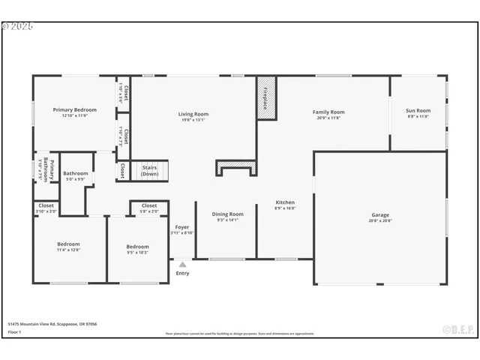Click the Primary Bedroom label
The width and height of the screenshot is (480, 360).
(x=75, y=112)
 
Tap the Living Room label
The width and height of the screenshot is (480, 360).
(x=193, y=116)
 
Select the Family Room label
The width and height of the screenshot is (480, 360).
(x=328, y=115)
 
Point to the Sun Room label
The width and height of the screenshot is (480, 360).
(x=418, y=113)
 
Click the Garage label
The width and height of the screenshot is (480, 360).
(x=380, y=217)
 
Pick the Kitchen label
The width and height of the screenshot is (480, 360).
(x=285, y=205)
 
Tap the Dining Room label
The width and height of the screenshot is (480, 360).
(x=227, y=217)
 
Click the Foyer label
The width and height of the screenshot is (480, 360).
(x=182, y=229)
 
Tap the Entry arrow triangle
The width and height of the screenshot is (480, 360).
(x=182, y=264)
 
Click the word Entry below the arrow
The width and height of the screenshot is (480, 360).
(x=182, y=273)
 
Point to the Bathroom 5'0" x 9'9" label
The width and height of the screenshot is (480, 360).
(x=75, y=176)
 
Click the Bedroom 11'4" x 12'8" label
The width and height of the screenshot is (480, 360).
(x=68, y=247)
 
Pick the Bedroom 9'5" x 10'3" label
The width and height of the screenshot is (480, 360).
(x=137, y=249)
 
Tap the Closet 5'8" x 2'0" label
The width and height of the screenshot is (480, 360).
(x=149, y=208)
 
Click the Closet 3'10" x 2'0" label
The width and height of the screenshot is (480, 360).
(x=46, y=208)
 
